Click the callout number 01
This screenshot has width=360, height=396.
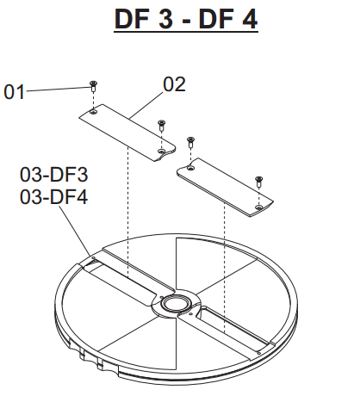tap(14, 92)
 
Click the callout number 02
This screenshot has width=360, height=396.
tap(174, 84)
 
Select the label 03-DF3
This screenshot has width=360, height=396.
tap(53, 175)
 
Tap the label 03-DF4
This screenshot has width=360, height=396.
tap(53, 197)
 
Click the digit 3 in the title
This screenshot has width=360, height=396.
tap(165, 19)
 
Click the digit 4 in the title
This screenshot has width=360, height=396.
tap(249, 19)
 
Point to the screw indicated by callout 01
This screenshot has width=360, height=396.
tap(93, 86)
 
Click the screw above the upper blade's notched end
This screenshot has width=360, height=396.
tap(162, 126)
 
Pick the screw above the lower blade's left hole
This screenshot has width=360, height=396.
tap(190, 142)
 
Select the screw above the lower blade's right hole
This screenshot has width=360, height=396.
tap(259, 182)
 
